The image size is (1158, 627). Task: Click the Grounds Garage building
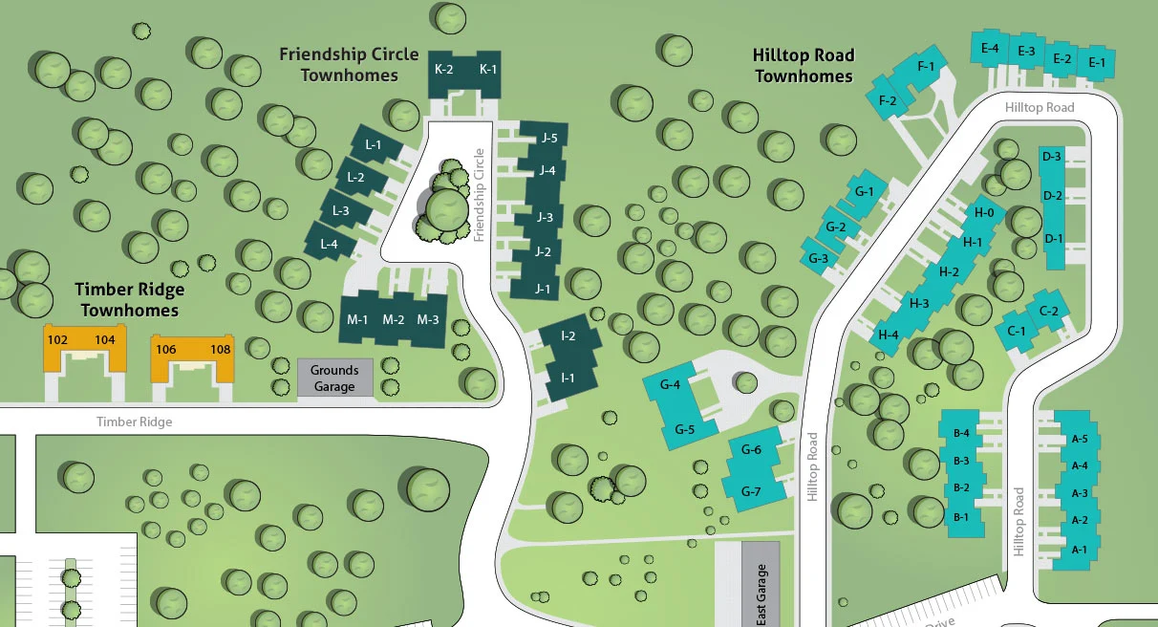point(334,378)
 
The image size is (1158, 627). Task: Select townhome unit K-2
point(444,69)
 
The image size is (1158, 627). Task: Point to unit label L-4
point(329,244)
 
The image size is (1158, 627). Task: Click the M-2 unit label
point(394,320)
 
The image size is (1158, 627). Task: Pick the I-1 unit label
point(568,378)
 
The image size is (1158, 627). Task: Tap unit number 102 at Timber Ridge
point(57,340)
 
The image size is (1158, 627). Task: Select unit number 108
point(221,349)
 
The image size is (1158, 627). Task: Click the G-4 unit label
point(670,385)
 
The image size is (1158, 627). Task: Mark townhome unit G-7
point(752,491)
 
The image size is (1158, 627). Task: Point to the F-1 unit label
point(925,67)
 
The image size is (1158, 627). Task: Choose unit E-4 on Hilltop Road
point(990,48)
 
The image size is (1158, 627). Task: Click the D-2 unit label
point(1053,196)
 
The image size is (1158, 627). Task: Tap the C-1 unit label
point(1017,331)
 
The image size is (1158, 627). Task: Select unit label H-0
point(984,213)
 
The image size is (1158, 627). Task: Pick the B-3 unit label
point(961,461)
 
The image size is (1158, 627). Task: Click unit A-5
point(1080,439)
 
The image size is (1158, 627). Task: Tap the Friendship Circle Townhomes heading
point(349,64)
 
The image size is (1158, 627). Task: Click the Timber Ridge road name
point(134,422)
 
